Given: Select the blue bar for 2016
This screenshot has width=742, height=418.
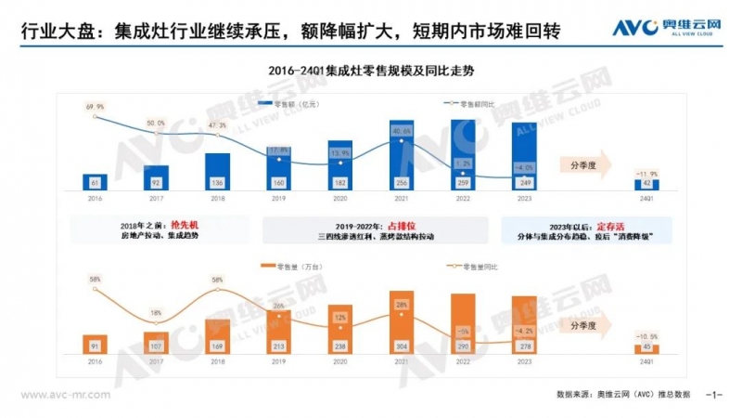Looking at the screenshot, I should coord(96,181).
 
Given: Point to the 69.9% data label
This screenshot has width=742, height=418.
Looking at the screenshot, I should coord(95,108).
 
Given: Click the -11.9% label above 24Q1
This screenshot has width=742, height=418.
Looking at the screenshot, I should coord(646,174).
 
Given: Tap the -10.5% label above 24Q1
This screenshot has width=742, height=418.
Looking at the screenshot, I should coord(646,336).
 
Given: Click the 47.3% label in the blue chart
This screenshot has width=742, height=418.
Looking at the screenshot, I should coord(217,125).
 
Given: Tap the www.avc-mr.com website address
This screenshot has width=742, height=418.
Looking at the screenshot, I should coord(66,394).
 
